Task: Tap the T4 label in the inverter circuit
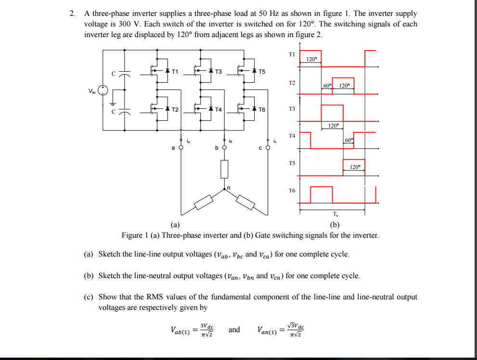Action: (218, 109)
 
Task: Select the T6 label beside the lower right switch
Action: (261, 109)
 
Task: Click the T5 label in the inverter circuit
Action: (261, 72)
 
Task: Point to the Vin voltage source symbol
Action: (103, 90)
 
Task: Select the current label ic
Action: (275, 141)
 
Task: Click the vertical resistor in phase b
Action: (224, 169)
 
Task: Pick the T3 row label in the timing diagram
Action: (292, 109)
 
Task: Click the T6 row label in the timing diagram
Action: (292, 191)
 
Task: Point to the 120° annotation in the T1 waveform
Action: (311, 59)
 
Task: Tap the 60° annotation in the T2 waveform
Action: (327, 86)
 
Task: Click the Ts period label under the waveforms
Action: (335, 214)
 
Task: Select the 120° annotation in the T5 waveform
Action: (355, 167)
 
